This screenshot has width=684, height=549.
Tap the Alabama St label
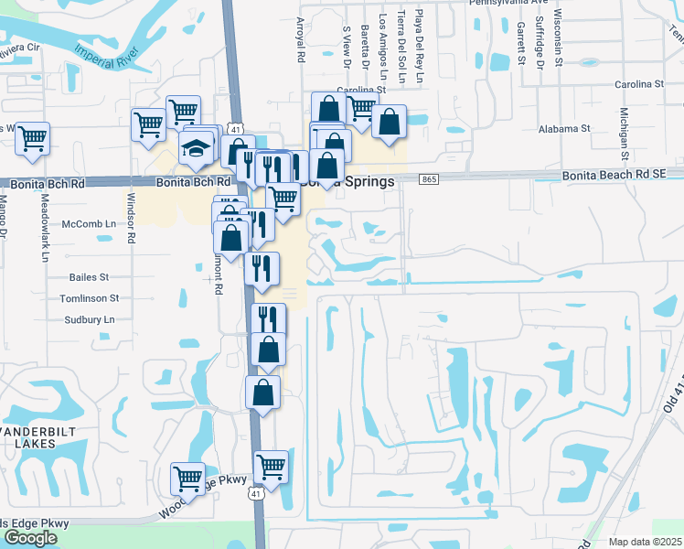pyautogui.click(x=564, y=130)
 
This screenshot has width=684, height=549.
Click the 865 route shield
pyautogui.click(x=429, y=180)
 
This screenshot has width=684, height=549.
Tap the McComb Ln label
pyautogui.click(x=90, y=223)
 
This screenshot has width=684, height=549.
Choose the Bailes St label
pyautogui.click(x=89, y=276)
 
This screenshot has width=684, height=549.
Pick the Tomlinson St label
pyautogui.click(x=89, y=298)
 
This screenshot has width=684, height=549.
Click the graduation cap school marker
pyautogui.click(x=196, y=148)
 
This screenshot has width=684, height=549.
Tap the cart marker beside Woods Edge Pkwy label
pyautogui.click(x=187, y=477)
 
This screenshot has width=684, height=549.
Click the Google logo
pyautogui.click(x=30, y=538)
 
